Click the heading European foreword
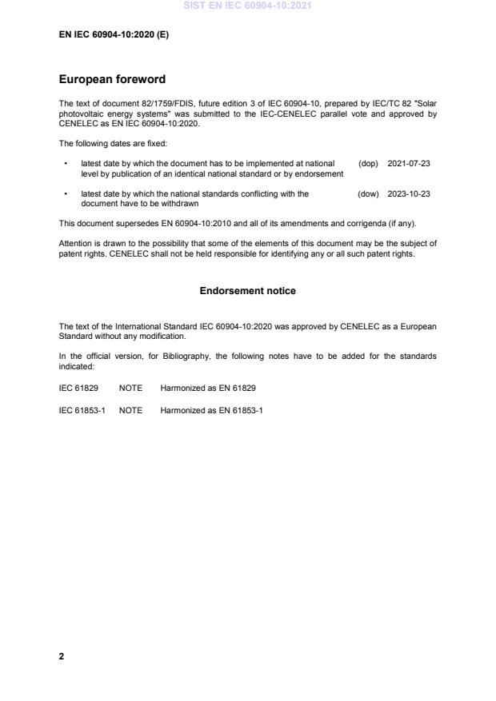click(112, 80)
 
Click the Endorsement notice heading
click(247, 291)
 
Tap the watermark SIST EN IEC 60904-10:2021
click(247, 6)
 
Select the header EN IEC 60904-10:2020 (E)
click(114, 35)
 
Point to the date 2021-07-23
click(409, 163)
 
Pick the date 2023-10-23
click(409, 193)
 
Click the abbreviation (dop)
click(368, 163)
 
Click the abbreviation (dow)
click(368, 193)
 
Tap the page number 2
click(62, 656)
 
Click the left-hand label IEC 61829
click(78, 388)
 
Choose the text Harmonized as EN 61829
click(208, 388)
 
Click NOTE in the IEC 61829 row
click(130, 388)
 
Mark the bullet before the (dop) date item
click(64, 163)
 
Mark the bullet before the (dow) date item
click(64, 193)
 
